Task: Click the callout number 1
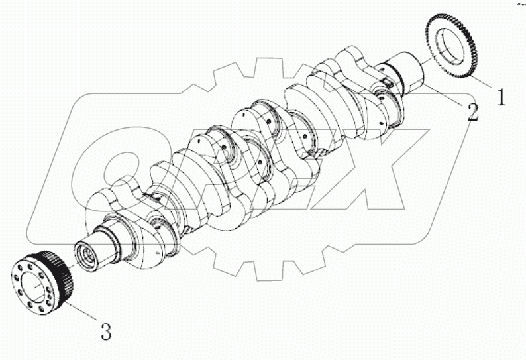(501, 97)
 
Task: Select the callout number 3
(105, 331)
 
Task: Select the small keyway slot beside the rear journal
(384, 83)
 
